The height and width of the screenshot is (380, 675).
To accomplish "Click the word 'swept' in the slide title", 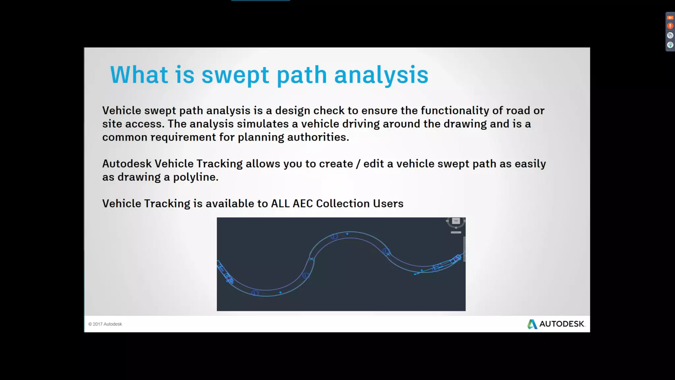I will click(x=235, y=75).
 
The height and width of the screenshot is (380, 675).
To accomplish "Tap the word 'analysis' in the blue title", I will click(x=381, y=75).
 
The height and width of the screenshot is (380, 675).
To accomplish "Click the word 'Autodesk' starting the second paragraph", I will click(x=127, y=164).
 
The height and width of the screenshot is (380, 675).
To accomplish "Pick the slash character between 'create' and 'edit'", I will click(x=358, y=164).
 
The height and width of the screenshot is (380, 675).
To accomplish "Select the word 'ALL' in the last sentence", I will click(x=280, y=204).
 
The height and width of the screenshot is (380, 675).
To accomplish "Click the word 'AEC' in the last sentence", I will click(x=303, y=204).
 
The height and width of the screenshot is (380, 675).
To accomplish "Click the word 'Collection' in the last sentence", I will click(x=343, y=204).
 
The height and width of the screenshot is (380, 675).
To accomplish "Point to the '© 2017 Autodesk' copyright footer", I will click(x=105, y=324).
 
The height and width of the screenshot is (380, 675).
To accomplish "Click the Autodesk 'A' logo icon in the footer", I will click(x=532, y=324).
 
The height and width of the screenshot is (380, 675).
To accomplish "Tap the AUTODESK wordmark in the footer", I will click(x=562, y=324).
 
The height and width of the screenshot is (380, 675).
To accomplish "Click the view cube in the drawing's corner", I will click(x=456, y=221).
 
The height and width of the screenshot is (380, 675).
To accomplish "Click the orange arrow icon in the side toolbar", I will click(x=670, y=18).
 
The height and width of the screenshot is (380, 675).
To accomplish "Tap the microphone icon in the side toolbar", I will click(x=670, y=26).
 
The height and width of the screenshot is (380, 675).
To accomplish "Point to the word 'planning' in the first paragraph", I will click(x=261, y=137).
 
